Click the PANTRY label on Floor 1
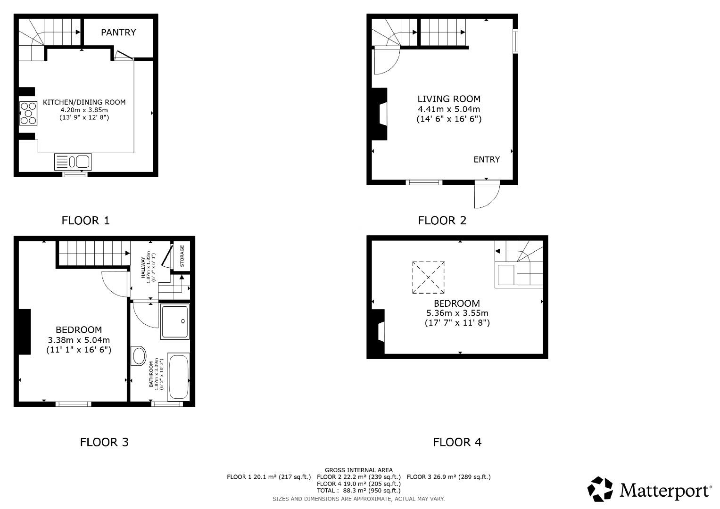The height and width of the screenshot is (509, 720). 118,33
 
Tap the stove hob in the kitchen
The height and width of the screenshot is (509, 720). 28,114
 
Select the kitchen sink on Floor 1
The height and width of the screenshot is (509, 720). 73,162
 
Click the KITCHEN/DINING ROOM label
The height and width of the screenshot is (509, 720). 84,102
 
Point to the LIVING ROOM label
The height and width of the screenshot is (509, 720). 449,99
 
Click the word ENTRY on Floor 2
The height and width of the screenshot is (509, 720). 487,160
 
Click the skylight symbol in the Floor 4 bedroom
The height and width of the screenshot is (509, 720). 428,278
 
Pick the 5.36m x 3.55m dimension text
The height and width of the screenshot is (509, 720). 457,313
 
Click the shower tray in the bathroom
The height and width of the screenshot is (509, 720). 175,321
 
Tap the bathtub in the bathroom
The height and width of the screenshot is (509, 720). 179,378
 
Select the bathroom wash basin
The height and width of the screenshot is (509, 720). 139,356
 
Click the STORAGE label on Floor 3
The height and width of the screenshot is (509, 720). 182,256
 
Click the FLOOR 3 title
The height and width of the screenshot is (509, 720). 104,442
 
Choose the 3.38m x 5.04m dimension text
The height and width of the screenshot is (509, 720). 79,340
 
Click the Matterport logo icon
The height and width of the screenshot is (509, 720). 600,489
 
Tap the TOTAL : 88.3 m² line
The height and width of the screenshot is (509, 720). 359,490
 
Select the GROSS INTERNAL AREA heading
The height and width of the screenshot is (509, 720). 359,470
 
